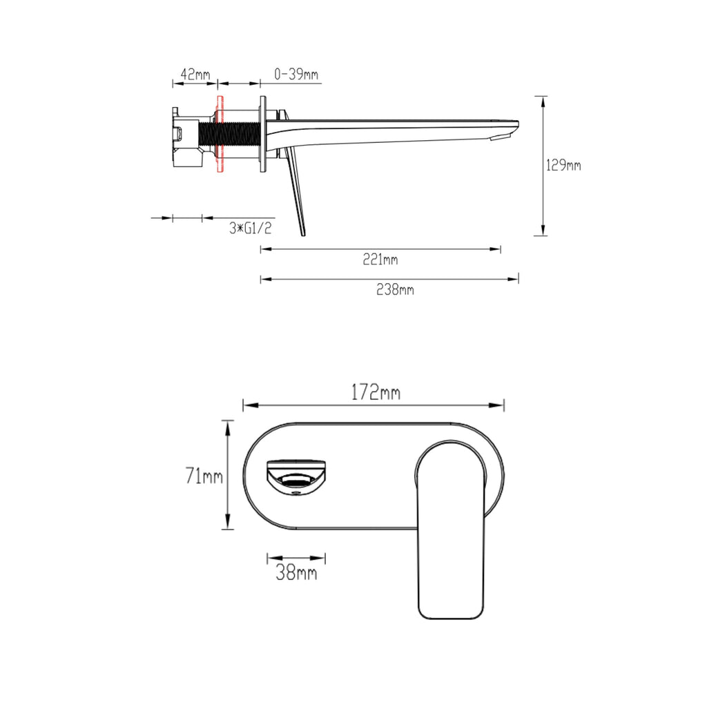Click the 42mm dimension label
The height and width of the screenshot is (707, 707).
(195, 74)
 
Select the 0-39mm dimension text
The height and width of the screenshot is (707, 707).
(296, 74)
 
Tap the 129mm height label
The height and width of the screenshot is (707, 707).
(563, 165)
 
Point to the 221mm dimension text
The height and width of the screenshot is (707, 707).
(380, 260)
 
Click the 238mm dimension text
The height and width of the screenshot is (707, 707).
(395, 289)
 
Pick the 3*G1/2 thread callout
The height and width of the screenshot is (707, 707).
(251, 228)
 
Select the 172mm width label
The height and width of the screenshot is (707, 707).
(376, 392)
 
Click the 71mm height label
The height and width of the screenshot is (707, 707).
(204, 476)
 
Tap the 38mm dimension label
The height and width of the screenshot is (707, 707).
(296, 572)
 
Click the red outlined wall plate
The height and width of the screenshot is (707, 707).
(220, 134)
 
